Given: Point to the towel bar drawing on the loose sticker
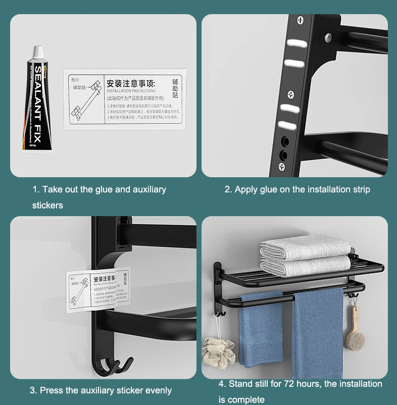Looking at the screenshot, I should point(84,102).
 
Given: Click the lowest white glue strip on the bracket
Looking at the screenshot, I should point(285,125).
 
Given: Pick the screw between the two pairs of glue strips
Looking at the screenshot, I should point(290,94).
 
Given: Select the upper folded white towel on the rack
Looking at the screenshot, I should point(305,246).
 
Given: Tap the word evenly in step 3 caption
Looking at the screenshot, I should point(158,390).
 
